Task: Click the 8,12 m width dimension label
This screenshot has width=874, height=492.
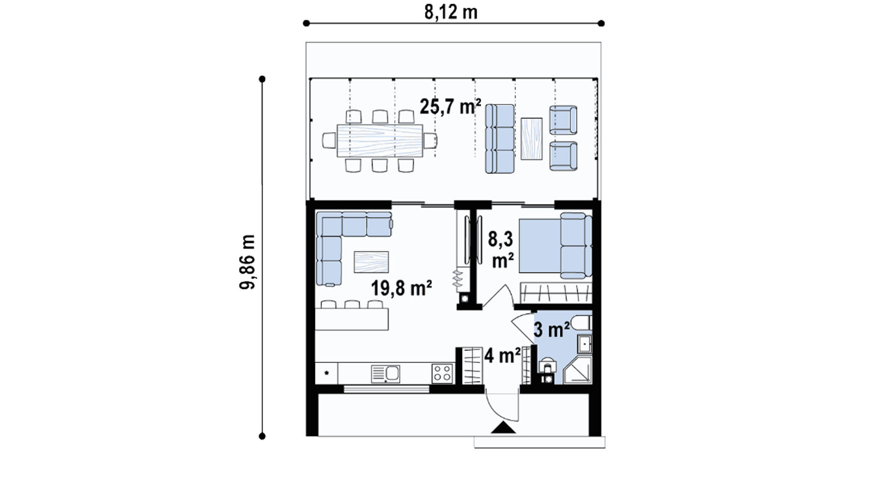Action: (x=451, y=12)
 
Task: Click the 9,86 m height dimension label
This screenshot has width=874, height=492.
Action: (x=247, y=262)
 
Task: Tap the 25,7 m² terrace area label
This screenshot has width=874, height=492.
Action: (x=450, y=107)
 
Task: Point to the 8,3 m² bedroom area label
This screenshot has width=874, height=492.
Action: (x=501, y=250)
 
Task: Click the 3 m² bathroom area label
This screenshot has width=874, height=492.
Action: (x=552, y=329)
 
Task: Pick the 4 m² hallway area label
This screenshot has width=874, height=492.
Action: (x=503, y=355)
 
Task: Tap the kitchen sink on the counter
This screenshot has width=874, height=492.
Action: (x=386, y=374)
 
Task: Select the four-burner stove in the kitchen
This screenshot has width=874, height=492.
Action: (x=442, y=373)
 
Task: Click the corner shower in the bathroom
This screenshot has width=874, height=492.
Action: (x=577, y=370)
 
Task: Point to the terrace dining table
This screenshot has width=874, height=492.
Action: (x=380, y=141)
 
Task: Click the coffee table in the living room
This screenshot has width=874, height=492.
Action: (x=371, y=262)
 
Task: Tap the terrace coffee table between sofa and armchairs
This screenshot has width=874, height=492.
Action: (x=531, y=139)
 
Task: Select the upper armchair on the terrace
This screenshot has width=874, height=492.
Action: (x=563, y=120)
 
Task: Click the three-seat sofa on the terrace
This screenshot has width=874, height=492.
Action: (x=499, y=139)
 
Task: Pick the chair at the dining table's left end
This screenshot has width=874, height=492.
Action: (x=329, y=140)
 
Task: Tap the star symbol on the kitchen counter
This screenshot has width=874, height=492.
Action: (x=326, y=373)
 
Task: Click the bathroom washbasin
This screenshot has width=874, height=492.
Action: (x=584, y=344)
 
